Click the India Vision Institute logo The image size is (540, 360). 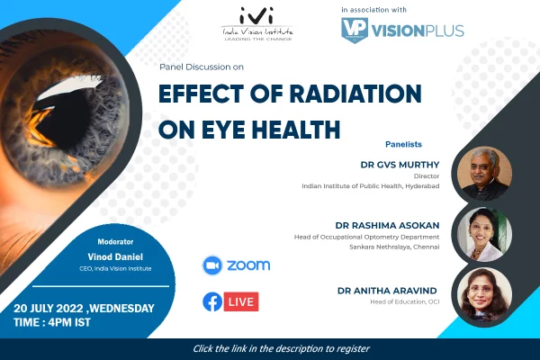tap(257, 24)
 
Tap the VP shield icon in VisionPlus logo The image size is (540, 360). tap(355, 31)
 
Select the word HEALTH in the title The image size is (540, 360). tap(296, 130)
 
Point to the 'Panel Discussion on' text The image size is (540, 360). tap(202, 67)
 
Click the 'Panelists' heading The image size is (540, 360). tap(403, 144)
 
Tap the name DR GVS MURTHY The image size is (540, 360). tap(400, 165)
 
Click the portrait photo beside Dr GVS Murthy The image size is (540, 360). tap(484, 174)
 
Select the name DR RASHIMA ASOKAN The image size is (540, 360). tap(387, 226)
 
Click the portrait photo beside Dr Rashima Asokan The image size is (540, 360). tap(484, 234)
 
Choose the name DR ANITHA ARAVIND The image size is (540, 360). tap(387, 291)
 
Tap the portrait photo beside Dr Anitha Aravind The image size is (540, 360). tap(484, 295)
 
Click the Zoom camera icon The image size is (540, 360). tap(212, 265)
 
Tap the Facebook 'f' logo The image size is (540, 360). tap(212, 301)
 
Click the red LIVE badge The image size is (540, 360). tap(241, 301)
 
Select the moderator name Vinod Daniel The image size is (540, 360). tap(115, 257)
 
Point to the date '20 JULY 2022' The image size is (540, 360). tap(49, 309)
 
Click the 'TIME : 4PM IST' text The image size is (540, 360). tap(52, 322)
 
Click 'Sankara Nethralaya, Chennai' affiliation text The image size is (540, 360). tap(394, 247)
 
